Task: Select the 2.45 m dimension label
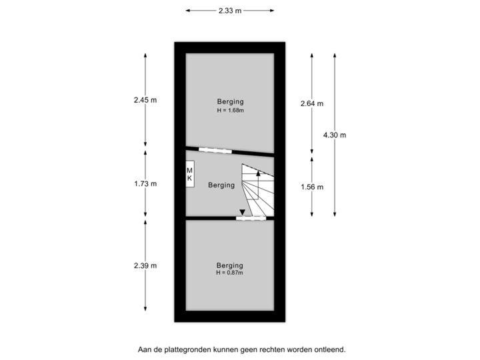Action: (145, 100)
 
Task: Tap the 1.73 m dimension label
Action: (145, 183)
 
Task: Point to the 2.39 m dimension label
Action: (145, 265)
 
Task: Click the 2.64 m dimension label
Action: (312, 103)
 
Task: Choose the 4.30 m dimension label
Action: (335, 135)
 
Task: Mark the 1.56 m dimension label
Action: (312, 187)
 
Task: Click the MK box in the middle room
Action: (190, 175)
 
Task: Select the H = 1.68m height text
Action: (230, 110)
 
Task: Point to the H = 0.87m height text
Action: (229, 272)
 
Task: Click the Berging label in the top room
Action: (230, 101)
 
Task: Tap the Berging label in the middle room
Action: (221, 185)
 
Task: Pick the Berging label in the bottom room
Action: (229, 265)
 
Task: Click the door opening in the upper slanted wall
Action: (215, 151)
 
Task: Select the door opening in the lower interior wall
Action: (251, 218)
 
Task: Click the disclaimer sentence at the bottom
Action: (242, 349)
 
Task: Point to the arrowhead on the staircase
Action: (258, 173)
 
